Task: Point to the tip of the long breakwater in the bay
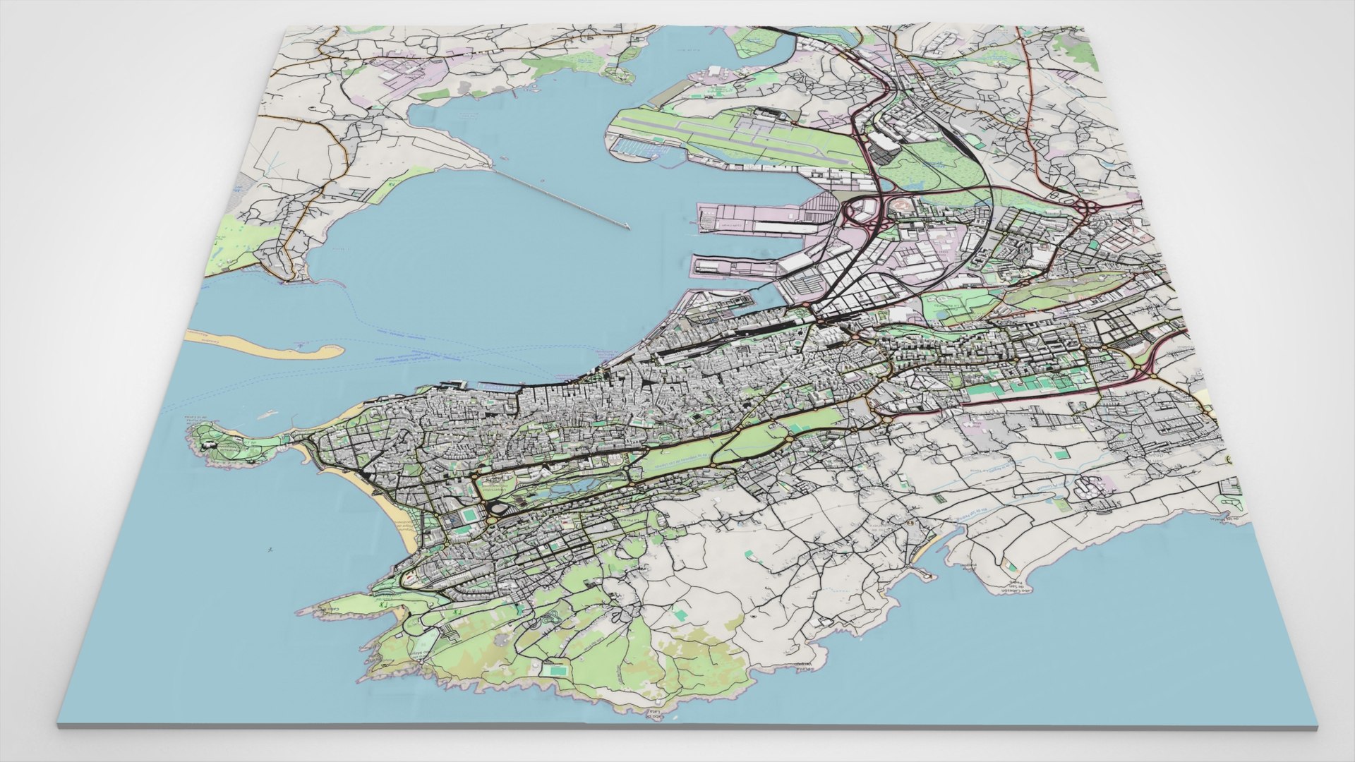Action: (x=627, y=226)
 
